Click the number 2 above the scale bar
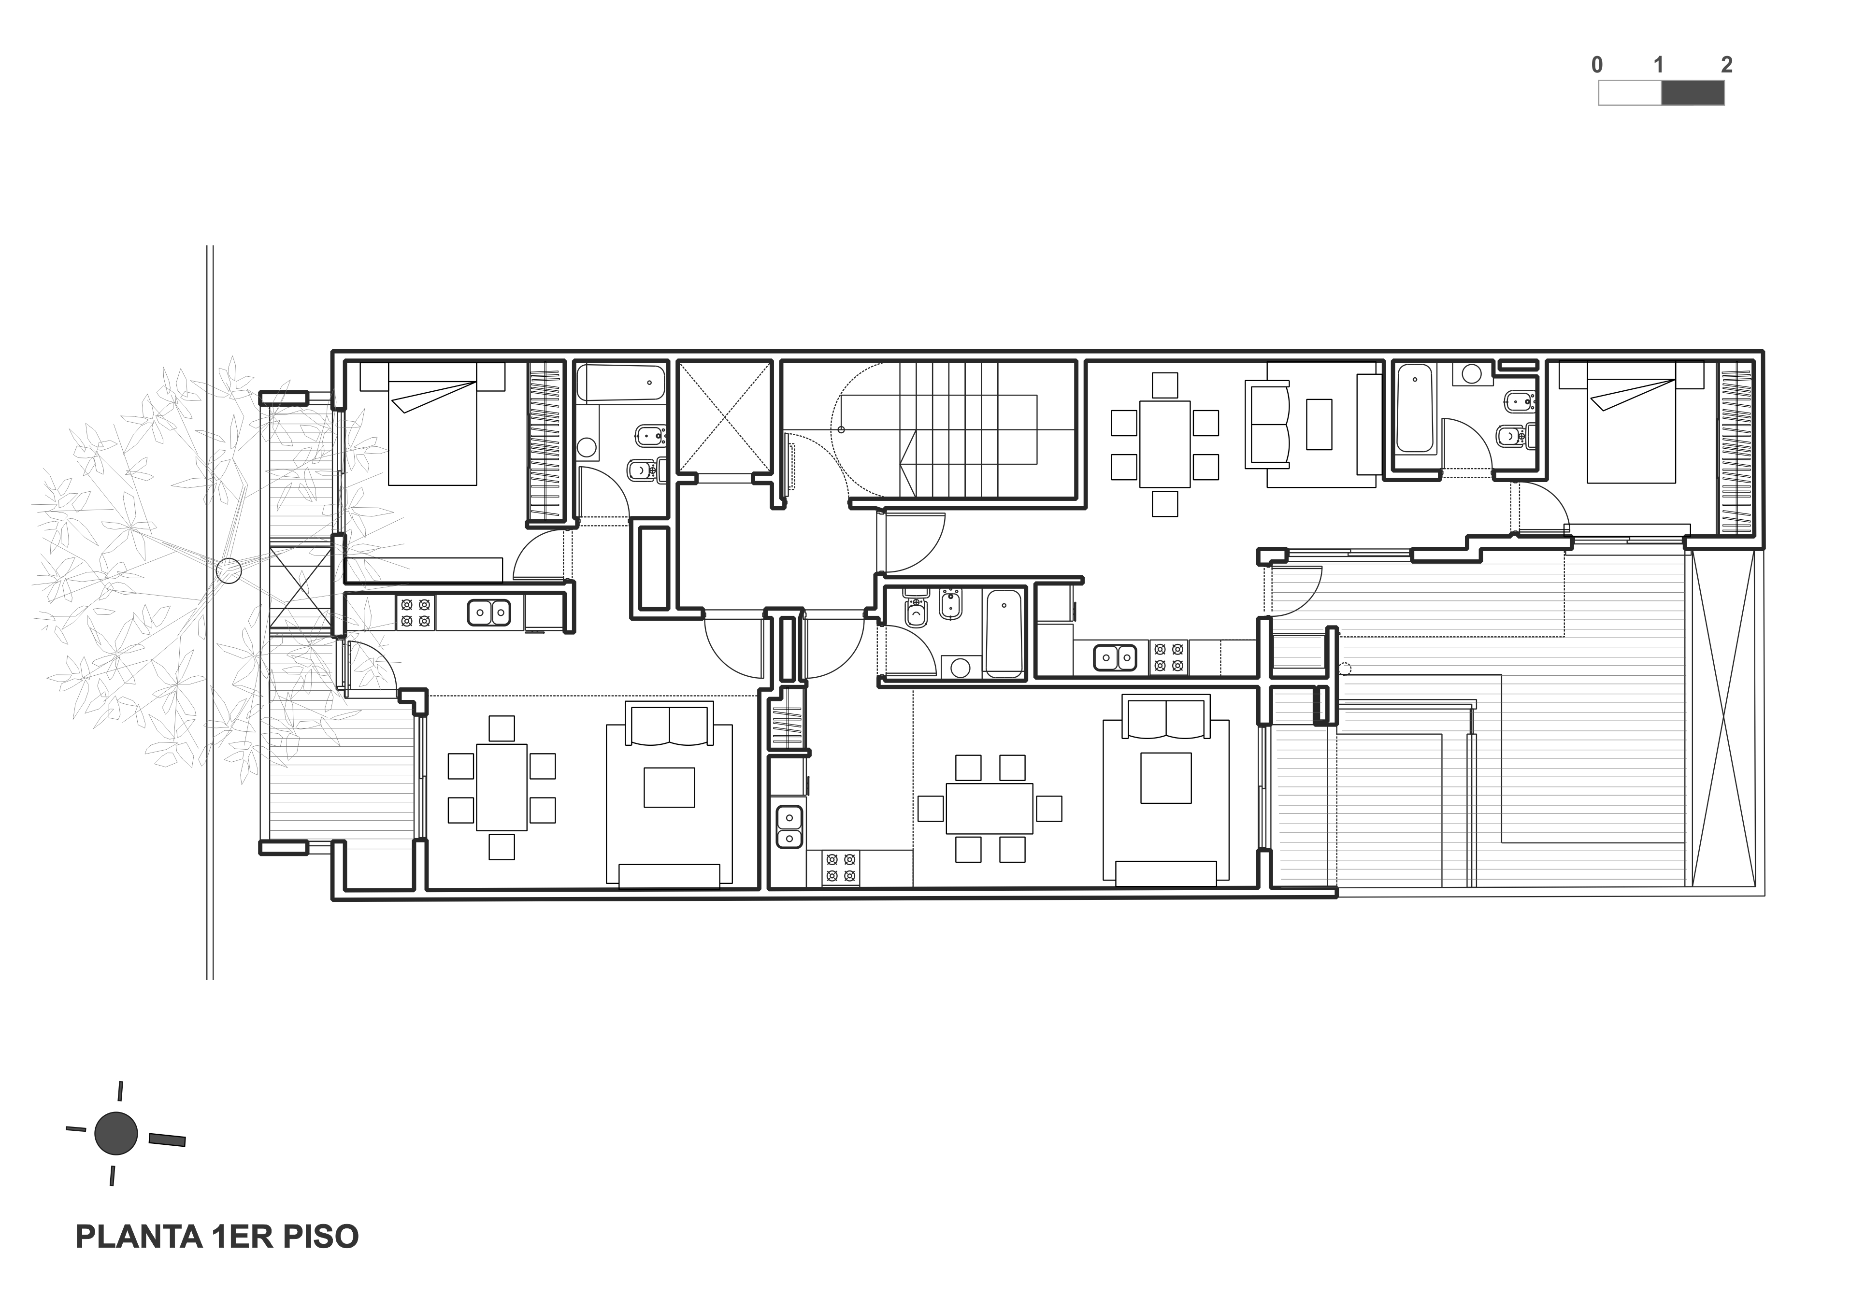[x=1726, y=65]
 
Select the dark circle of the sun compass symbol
[x=116, y=1133]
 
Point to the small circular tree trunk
[x=228, y=571]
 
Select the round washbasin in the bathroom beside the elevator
[x=587, y=447]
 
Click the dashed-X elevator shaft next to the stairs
[x=725, y=416]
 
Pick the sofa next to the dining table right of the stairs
[x=1267, y=427]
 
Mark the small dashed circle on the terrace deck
[x=1344, y=669]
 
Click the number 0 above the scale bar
[x=1597, y=65]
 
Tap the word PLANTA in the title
[x=138, y=1237]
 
